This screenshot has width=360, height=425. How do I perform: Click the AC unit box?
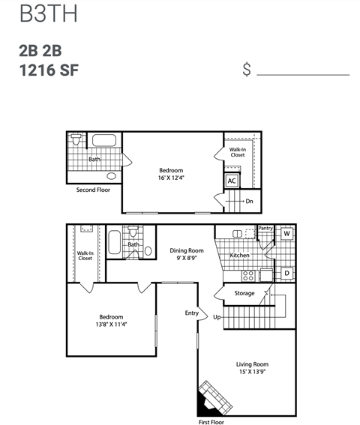(x=232, y=181)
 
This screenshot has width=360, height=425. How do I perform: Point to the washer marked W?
(x=286, y=233)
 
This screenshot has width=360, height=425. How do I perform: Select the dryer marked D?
(x=286, y=274)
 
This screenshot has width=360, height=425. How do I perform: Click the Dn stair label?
(x=249, y=201)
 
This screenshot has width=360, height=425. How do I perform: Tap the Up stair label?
(x=217, y=317)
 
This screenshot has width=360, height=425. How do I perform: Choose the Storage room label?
(x=244, y=293)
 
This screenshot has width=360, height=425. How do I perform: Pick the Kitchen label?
(x=239, y=256)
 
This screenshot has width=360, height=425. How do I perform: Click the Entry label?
(x=192, y=312)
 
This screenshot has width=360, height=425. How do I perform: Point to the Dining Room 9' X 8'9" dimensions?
(x=186, y=259)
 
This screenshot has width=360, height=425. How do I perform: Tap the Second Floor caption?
(x=93, y=190)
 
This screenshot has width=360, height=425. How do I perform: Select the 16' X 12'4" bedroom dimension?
(x=172, y=178)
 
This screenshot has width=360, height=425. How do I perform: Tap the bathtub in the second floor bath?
(x=103, y=139)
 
